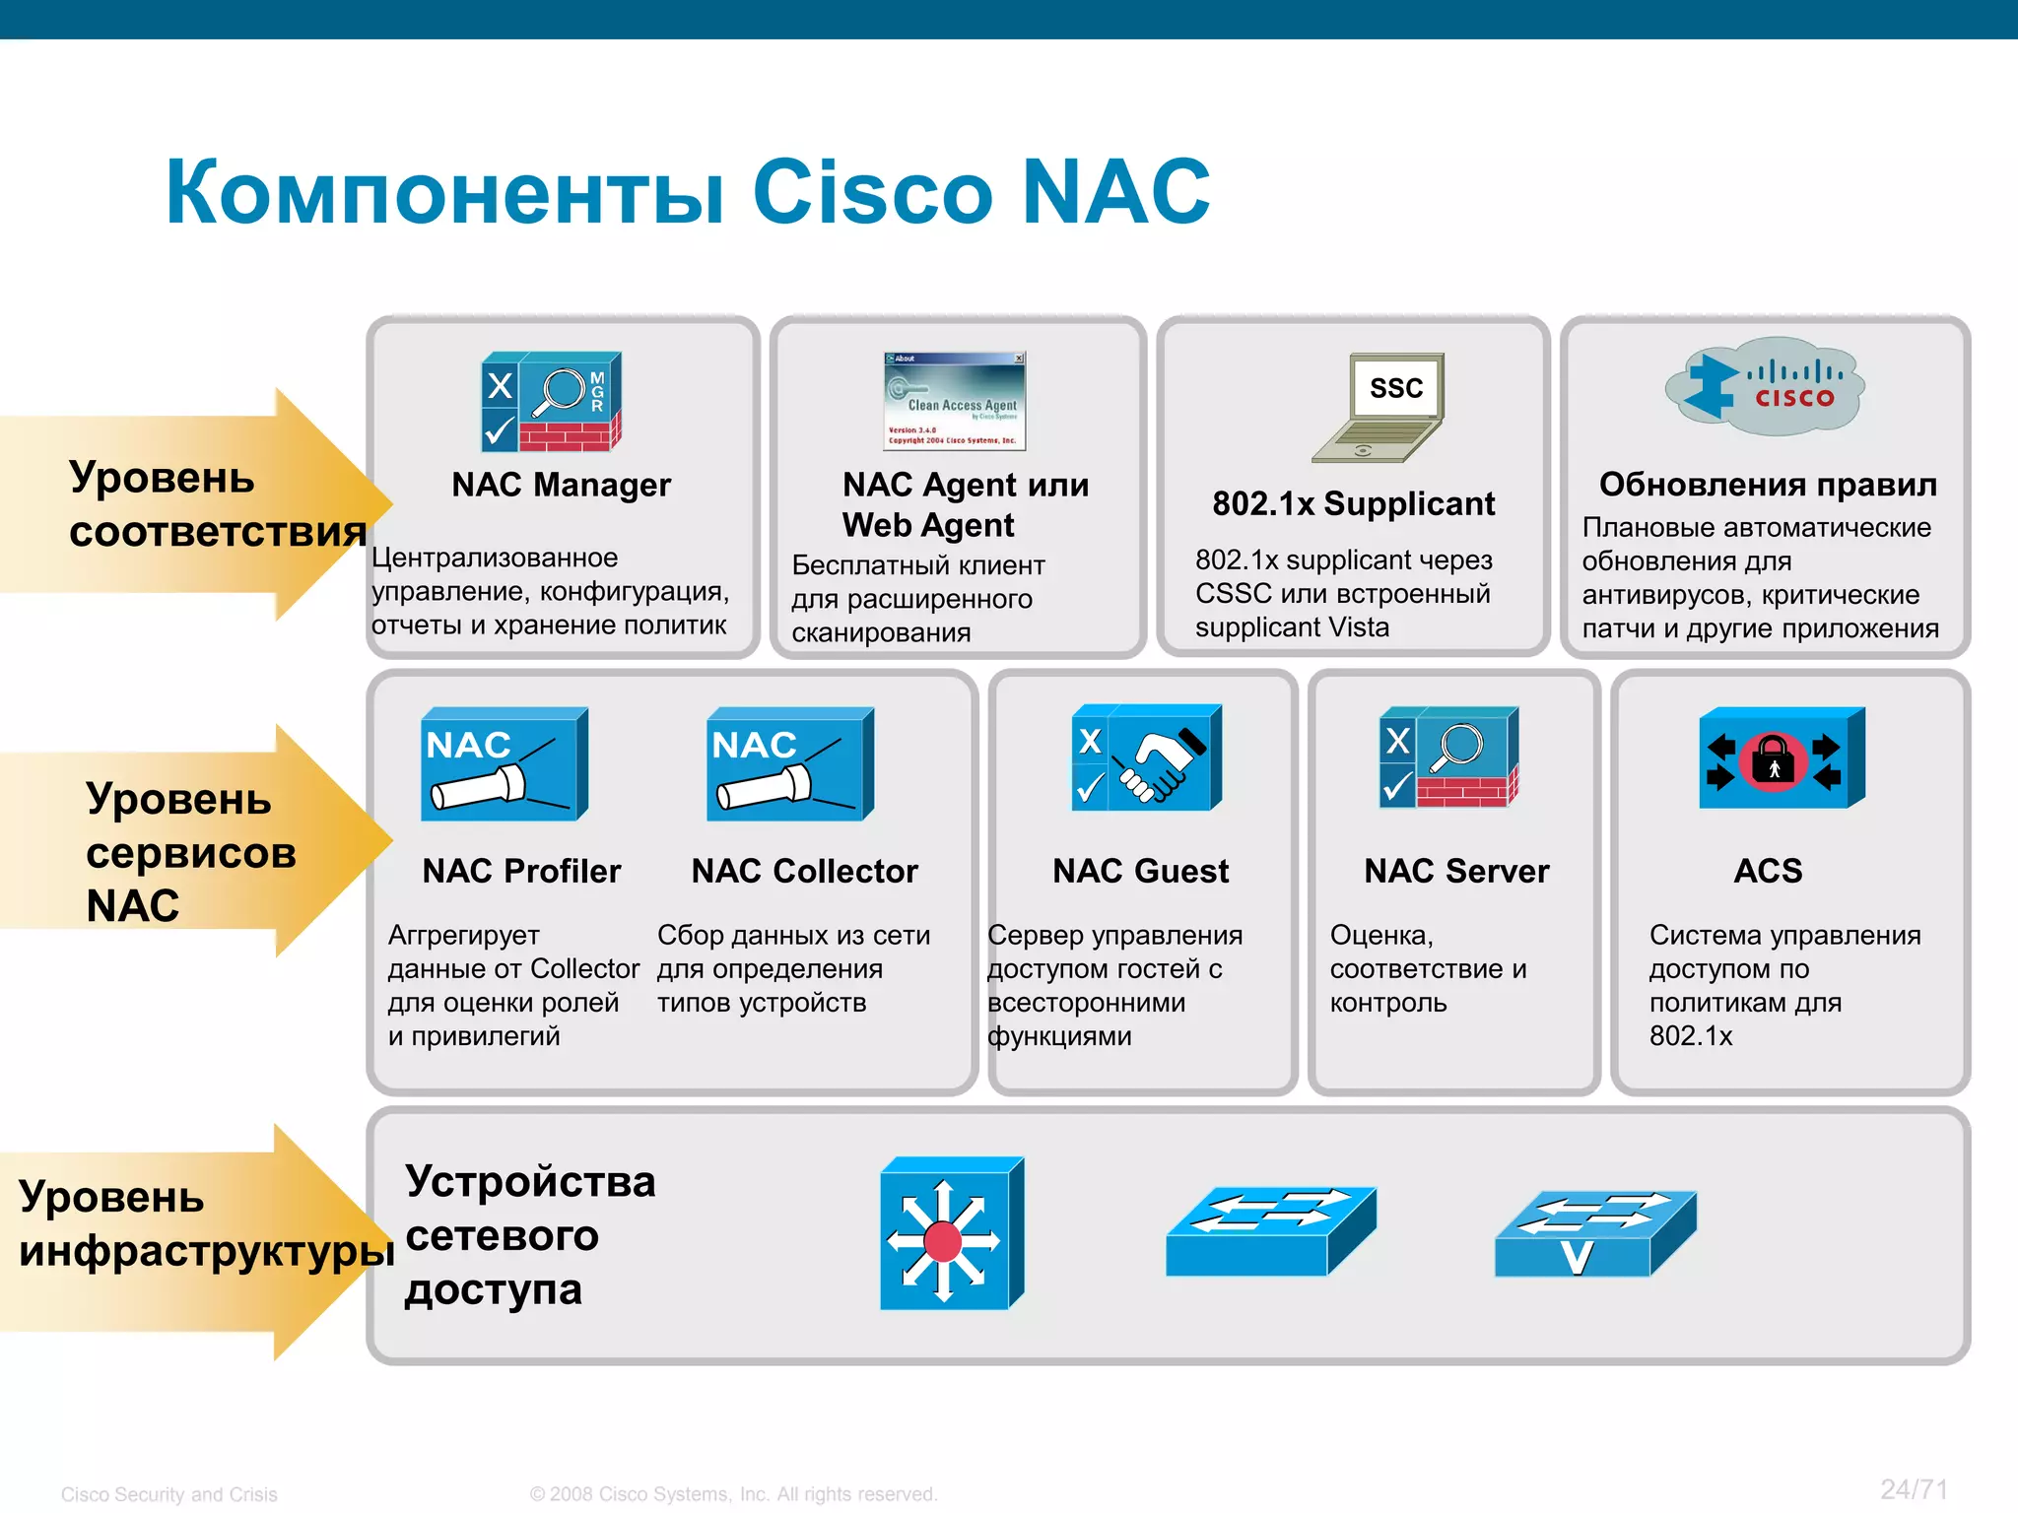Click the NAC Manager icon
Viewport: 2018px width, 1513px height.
(551, 401)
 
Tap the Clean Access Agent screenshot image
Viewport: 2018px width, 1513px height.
(954, 401)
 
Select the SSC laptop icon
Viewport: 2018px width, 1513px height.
(1379, 408)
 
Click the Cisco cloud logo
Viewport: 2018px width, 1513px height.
(1764, 388)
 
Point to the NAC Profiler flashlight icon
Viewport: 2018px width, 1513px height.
(504, 764)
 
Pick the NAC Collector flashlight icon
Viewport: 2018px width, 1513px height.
(789, 764)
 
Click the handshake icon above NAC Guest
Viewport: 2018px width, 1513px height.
(1146, 757)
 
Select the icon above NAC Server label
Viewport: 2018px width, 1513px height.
(1448, 757)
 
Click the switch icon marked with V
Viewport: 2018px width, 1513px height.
(1594, 1234)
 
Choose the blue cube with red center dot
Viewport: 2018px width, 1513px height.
(951, 1234)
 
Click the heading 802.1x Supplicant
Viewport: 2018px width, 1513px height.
(1353, 503)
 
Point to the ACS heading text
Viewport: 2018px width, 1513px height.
(1768, 871)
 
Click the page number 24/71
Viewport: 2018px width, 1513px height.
(1913, 1489)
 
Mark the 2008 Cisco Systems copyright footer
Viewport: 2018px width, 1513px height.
(733, 1494)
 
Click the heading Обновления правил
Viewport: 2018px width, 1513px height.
(1768, 484)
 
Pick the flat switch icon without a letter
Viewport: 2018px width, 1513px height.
(1269, 1231)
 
